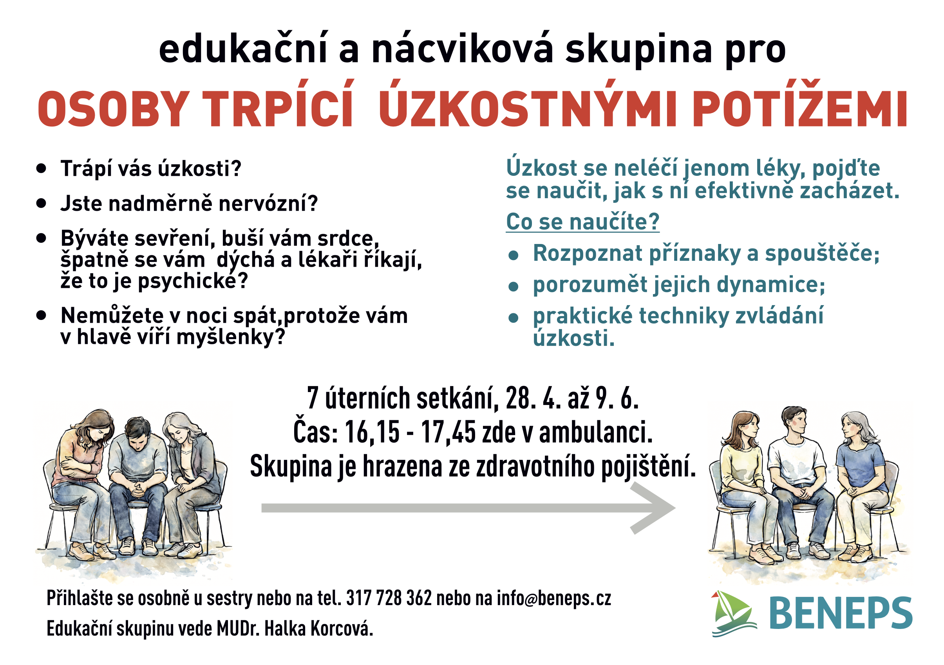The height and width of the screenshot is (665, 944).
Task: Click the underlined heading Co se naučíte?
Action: point(582,222)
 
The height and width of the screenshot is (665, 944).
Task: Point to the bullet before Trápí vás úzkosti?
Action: point(41,168)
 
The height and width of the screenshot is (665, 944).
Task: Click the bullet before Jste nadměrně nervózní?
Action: point(41,203)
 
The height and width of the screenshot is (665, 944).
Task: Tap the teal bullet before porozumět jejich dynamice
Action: point(513,286)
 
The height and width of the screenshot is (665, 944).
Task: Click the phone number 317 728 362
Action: point(389,598)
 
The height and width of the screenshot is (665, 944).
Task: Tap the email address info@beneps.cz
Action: point(554,599)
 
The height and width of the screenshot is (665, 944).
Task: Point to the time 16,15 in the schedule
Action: point(372,433)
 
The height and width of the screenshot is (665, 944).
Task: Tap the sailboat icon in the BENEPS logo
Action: point(733,614)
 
